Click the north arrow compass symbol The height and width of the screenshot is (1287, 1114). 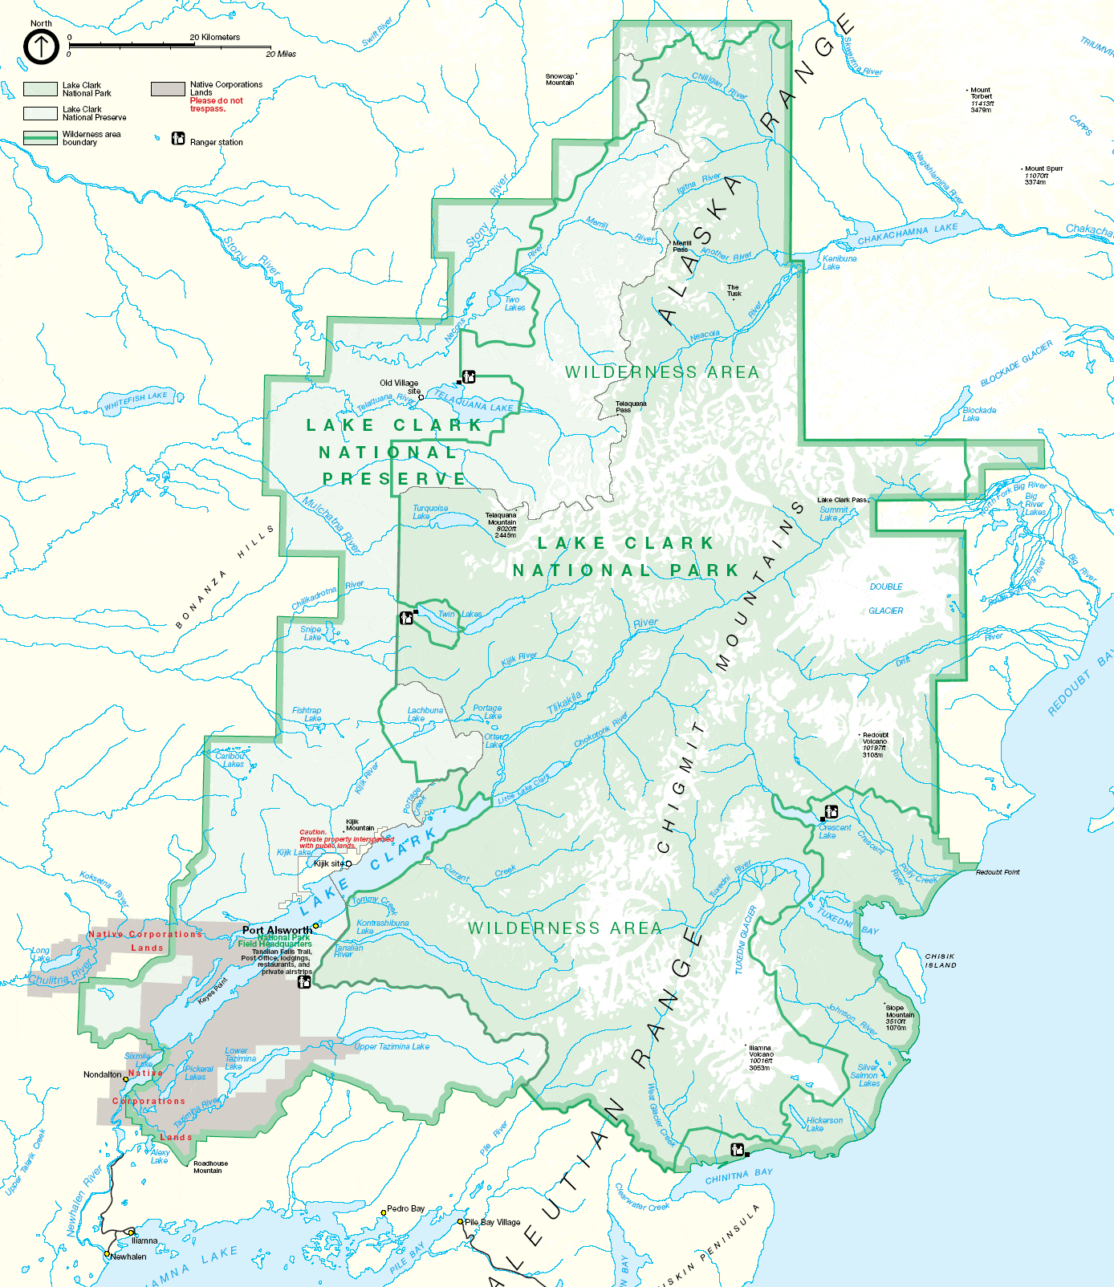[41, 47]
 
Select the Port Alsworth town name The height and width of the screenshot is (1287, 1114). [277, 930]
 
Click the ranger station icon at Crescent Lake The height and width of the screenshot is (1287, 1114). [831, 812]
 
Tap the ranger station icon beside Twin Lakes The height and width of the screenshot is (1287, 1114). [407, 618]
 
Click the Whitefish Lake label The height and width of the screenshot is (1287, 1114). [136, 400]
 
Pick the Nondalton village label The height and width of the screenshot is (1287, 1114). [103, 1074]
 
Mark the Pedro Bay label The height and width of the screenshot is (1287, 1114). [405, 1208]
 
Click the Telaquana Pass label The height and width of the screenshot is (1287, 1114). [630, 407]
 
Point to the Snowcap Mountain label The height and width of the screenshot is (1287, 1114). [560, 79]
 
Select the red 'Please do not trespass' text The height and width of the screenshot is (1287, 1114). [216, 104]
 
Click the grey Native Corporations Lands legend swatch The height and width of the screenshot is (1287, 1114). [168, 88]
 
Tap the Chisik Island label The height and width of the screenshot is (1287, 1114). [941, 960]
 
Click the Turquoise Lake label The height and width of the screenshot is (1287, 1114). [429, 512]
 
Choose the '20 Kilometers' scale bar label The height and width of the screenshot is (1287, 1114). [214, 37]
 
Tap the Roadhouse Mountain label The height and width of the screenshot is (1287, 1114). [210, 1167]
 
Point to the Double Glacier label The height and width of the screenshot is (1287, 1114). [886, 599]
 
